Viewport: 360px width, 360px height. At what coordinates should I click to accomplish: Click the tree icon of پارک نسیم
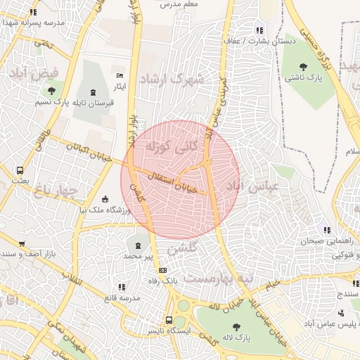[x=51, y=91]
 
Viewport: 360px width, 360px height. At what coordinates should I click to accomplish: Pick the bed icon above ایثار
[x=120, y=75]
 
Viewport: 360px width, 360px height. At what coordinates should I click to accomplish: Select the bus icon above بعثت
[x=20, y=169]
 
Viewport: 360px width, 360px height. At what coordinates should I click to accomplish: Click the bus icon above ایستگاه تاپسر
[x=168, y=319]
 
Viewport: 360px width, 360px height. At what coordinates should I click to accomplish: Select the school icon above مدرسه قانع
[x=121, y=287]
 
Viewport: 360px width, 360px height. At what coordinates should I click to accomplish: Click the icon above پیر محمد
[x=137, y=245]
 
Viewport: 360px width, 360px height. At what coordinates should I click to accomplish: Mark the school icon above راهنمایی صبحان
[x=326, y=230]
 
